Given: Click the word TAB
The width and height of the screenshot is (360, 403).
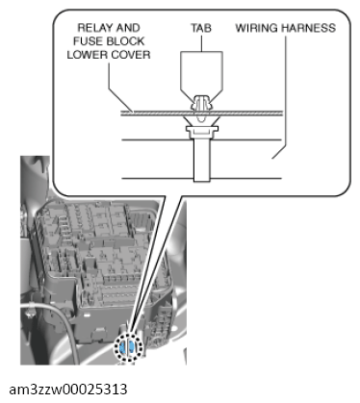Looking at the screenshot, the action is [201, 28].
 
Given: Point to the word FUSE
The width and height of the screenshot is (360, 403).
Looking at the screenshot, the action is [89, 41].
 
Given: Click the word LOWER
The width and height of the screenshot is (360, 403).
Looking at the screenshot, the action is [87, 55].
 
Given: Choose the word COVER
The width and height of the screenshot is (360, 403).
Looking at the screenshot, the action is [130, 55].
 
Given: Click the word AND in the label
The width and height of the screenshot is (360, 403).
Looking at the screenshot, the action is [128, 28].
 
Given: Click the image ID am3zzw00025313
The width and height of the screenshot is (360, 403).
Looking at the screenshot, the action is [68, 390].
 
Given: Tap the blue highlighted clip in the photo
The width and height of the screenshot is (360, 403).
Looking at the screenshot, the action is [126, 347].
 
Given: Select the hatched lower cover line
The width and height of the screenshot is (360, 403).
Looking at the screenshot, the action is [202, 113].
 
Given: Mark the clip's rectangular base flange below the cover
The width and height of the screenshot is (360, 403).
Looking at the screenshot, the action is [202, 129].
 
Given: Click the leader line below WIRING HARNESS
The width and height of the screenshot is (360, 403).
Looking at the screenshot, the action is [282, 96].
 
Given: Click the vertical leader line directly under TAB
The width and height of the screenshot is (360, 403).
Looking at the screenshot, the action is [201, 43].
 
